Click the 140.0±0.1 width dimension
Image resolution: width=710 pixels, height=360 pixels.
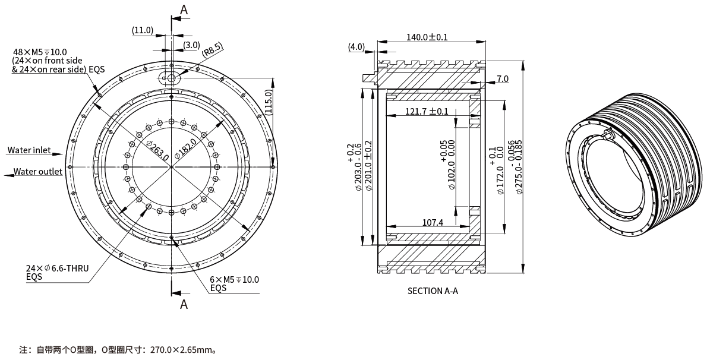pos(427,37)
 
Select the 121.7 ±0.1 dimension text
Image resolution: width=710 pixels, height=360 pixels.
pos(427,112)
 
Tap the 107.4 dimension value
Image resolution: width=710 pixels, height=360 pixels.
pos(433,222)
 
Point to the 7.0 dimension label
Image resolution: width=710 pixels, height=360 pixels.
pos(503,79)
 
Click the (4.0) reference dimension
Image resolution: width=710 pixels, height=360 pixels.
pos(356,46)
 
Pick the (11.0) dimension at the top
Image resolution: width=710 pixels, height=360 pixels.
pos(143,30)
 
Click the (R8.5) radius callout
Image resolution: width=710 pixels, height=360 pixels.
pos(213,49)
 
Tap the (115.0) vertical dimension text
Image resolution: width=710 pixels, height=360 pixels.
pos(268,102)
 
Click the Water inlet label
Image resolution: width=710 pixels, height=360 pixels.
pos(29,150)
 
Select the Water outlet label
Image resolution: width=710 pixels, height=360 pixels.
pos(38,172)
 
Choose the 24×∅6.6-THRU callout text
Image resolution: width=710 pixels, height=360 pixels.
pos(57,269)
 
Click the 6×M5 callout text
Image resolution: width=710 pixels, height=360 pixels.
pos(234,279)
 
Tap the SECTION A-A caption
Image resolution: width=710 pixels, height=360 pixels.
pos(433,291)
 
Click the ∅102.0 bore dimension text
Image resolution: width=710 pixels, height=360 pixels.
pos(452,167)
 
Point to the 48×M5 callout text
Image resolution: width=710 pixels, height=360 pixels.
pos(40,52)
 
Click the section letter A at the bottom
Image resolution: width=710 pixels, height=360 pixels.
pos(184,304)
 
